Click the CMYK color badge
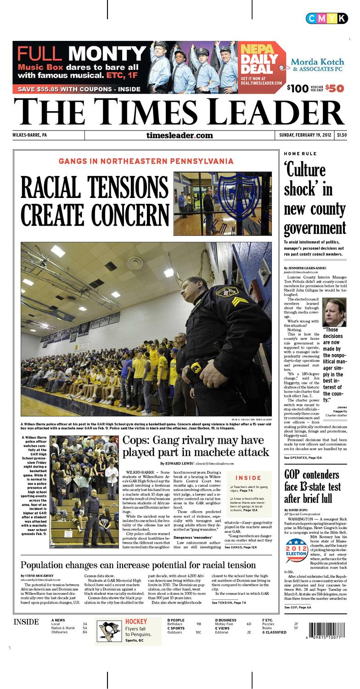tap(326, 18)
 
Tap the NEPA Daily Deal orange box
tap(260, 67)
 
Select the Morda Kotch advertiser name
tap(317, 62)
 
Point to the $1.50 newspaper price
tap(342, 135)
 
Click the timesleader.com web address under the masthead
tap(180, 135)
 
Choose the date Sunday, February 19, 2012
tap(305, 135)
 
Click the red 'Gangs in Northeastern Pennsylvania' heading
tap(146, 161)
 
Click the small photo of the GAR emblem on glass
tap(222, 203)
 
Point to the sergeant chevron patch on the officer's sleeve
tap(239, 301)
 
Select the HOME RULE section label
tap(300, 153)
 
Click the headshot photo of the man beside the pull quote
tap(334, 312)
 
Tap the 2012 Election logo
tap(296, 550)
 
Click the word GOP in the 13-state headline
tap(294, 475)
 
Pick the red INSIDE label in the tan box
tap(248, 478)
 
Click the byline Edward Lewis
tap(177, 463)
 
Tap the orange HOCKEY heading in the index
tap(136, 622)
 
